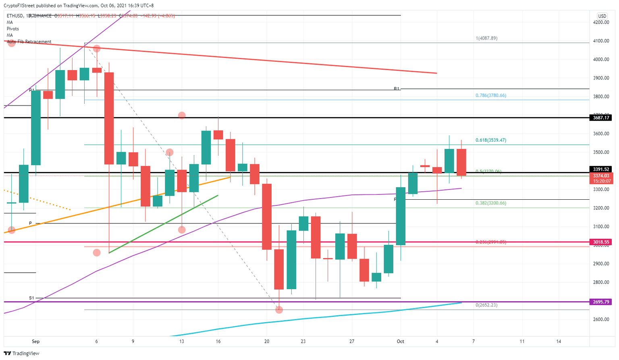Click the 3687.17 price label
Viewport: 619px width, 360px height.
pos(601,118)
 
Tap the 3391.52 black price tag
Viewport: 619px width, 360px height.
pos(601,169)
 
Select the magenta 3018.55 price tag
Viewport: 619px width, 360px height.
pos(601,242)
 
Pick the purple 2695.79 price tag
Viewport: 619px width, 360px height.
pos(601,302)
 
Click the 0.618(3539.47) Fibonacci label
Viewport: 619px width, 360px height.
pos(491,140)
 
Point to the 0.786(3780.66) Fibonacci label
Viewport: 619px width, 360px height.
pos(491,95)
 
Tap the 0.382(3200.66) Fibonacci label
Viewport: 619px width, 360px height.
pos(491,203)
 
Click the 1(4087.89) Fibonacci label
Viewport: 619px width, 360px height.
pos(486,38)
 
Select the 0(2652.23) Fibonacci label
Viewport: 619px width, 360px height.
pos(486,305)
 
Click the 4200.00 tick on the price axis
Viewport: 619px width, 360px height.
pos(601,23)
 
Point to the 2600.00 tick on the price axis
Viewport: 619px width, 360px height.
pos(601,319)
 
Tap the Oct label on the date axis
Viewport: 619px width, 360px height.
pos(400,341)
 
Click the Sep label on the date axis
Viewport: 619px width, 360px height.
pos(35,341)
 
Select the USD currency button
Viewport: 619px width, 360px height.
pos(602,16)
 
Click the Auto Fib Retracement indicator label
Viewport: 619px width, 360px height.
pos(29,41)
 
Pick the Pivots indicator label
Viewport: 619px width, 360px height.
pos(12,29)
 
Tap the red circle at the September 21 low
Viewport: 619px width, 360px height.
pos(279,310)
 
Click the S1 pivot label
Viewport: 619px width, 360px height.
pos(31,298)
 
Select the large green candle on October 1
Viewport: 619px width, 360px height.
pos(401,216)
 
